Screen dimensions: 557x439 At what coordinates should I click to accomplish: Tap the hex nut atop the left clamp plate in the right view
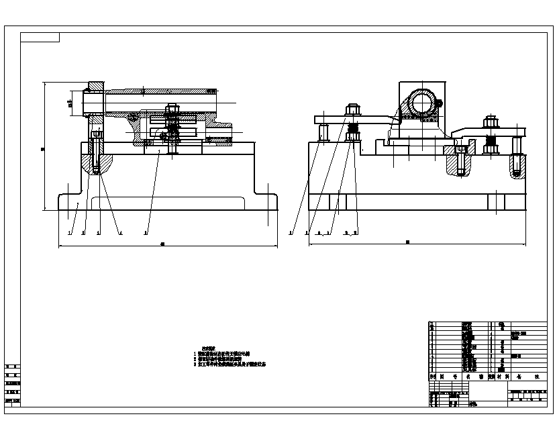[353, 109]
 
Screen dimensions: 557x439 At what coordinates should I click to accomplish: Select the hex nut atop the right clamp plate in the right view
[491, 122]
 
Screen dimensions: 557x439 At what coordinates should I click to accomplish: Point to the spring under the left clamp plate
[353, 128]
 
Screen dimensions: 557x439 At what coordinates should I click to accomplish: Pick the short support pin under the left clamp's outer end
[323, 132]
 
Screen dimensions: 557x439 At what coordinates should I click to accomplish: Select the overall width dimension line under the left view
[168, 246]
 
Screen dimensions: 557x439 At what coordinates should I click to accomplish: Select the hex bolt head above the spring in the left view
[172, 107]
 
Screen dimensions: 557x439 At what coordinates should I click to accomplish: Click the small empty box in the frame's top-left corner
[40, 37]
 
